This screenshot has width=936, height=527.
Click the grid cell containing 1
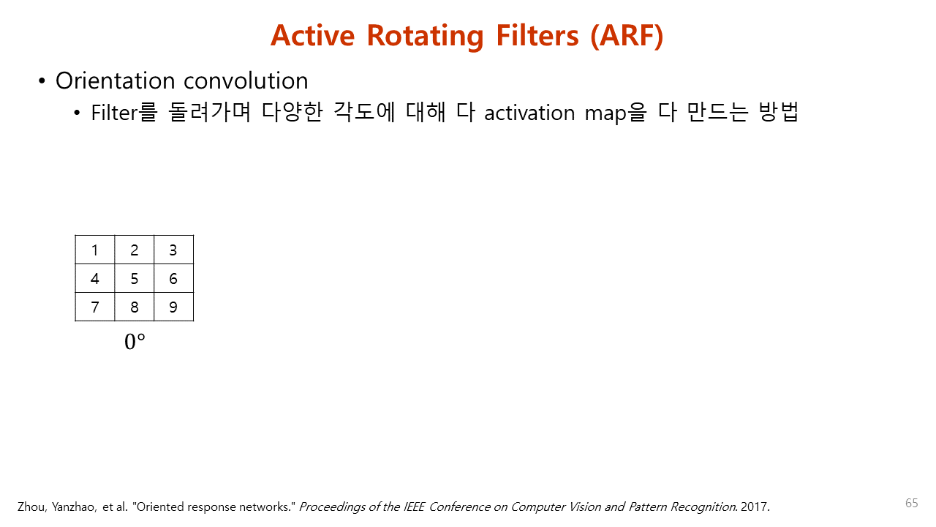95,250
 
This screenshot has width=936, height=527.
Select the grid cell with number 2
135,250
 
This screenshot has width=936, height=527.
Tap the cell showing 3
173,250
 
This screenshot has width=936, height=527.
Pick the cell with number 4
95,279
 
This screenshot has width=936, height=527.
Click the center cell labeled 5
135,279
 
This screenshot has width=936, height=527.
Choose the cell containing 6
173,279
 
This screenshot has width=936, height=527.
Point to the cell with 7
95,307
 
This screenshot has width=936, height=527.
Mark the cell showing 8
135,307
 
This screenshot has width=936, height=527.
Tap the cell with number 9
173,307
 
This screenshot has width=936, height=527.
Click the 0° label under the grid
135,342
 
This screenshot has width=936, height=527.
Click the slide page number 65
911,503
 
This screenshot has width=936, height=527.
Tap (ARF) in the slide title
627,35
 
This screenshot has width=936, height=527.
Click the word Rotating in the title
425,35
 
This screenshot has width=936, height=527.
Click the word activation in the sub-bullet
529,113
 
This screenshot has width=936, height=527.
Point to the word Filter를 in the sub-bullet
124,113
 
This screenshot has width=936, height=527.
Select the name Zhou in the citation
31,507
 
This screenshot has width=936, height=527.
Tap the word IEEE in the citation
415,507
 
